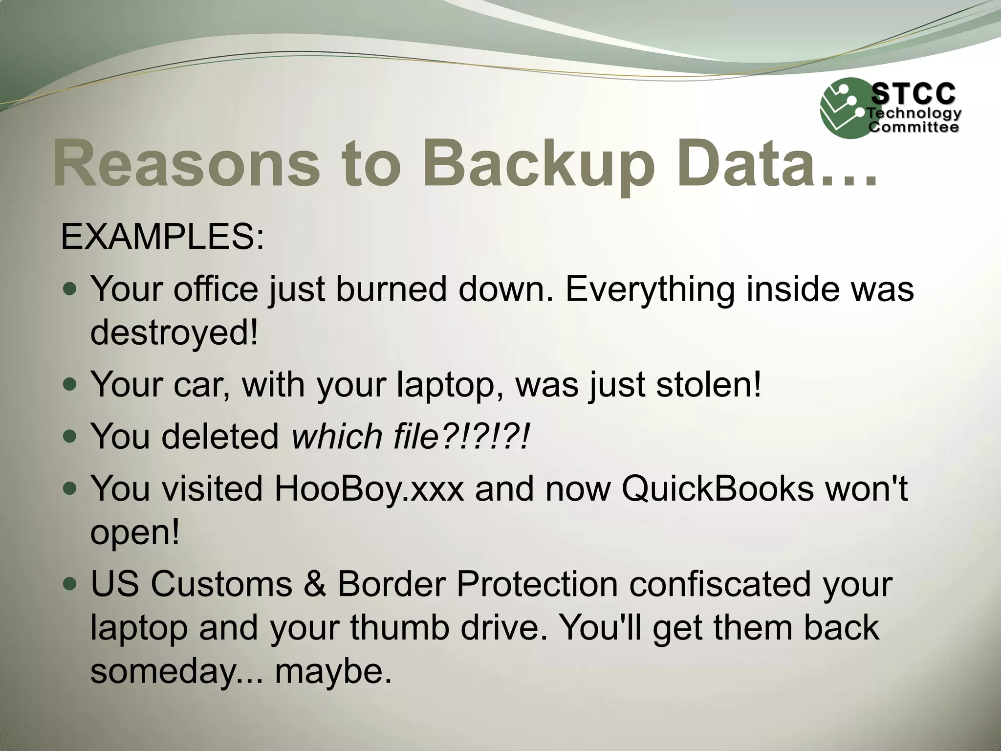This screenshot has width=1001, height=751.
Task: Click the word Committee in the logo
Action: point(913,127)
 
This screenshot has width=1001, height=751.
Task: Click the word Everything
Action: point(650,289)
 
